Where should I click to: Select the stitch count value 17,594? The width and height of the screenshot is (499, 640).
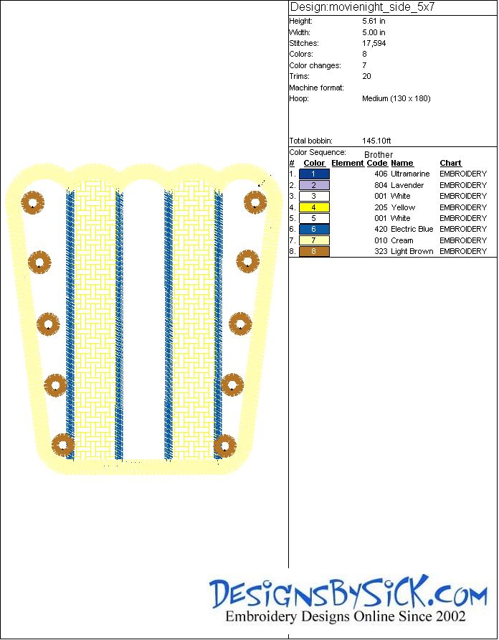374,43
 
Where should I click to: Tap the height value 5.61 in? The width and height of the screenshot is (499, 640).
374,22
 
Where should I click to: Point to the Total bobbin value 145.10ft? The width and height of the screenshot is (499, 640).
376,141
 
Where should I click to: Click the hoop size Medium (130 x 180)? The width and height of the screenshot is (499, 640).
396,98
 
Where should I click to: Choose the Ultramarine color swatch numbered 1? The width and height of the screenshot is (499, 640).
314,174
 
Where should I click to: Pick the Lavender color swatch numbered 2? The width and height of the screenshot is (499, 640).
314,185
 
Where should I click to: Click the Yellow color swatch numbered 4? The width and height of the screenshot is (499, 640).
314,207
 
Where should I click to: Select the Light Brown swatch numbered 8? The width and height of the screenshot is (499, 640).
314,251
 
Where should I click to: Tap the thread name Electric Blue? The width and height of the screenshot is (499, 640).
412,229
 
